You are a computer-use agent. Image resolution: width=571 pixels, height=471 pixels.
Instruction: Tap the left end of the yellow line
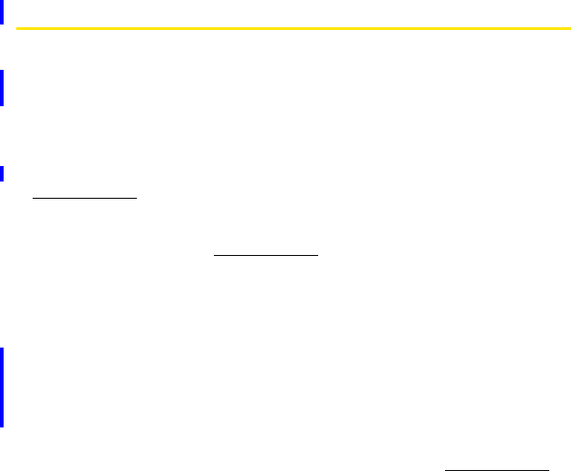[x=17, y=28]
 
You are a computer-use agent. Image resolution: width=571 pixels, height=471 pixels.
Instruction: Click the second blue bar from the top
[x=2, y=88]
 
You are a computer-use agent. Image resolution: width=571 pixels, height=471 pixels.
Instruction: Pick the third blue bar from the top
[x=2, y=173]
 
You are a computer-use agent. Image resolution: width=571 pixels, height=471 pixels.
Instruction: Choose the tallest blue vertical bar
[x=2, y=388]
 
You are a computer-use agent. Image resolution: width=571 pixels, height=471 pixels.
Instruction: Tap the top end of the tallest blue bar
[x=2, y=349]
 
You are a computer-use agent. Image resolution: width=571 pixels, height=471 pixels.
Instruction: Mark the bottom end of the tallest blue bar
[x=2, y=426]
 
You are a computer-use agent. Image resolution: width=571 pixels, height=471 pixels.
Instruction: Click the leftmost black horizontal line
[x=84, y=196]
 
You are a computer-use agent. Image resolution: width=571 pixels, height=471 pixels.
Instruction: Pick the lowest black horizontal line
[x=497, y=470]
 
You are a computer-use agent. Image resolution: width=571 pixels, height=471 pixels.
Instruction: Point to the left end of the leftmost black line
[x=33, y=196]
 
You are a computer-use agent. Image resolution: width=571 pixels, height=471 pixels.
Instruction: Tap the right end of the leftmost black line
[x=136, y=196]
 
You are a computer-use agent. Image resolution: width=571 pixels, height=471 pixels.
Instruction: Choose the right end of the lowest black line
[x=549, y=470]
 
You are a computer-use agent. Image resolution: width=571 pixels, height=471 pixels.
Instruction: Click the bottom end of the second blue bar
[x=2, y=104]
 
